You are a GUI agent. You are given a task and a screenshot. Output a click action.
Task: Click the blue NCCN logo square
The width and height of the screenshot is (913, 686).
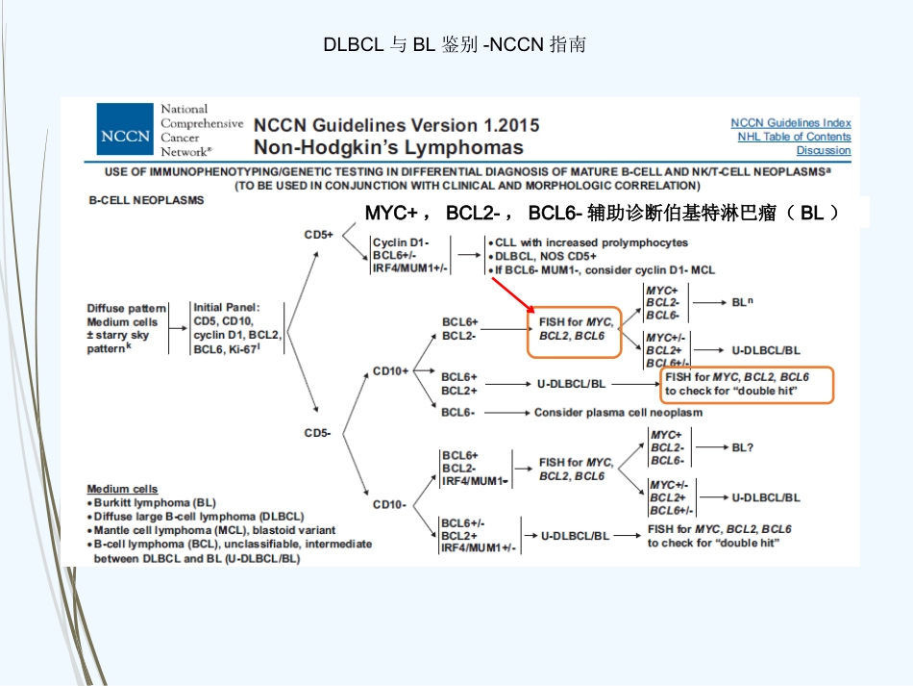pos(125,129)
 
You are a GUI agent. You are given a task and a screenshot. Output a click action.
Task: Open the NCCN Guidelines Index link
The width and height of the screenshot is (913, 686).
pos(791,123)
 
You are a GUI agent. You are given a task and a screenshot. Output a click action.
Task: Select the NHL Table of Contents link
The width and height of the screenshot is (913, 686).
pos(794,137)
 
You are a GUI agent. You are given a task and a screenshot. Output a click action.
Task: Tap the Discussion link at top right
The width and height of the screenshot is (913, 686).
pos(824,150)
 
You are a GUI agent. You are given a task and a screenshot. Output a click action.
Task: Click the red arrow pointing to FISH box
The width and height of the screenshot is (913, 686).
pos(513,295)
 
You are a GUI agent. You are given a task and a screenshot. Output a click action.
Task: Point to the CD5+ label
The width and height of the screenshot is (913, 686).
pos(318,235)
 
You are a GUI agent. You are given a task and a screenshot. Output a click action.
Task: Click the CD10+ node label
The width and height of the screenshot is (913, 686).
pos(391,371)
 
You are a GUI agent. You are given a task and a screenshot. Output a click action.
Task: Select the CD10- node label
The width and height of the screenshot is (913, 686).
pos(389,504)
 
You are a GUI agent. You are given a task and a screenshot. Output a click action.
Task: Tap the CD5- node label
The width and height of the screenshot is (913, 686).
pos(317,432)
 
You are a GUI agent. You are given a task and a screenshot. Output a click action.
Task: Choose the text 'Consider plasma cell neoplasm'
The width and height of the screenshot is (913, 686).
pos(618,413)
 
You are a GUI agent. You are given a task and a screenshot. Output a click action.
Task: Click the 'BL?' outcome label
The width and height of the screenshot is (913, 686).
pos(742,447)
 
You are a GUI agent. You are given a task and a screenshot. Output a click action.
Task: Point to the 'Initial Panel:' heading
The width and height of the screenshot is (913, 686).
pos(227,307)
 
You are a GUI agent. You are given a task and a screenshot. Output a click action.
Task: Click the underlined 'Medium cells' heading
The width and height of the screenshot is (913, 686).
pos(122,489)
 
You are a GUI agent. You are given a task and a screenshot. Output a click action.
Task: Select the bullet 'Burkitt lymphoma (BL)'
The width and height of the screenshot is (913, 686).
pos(155,502)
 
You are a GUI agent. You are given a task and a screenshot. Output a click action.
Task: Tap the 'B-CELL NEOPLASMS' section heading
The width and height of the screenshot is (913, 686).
pos(146,200)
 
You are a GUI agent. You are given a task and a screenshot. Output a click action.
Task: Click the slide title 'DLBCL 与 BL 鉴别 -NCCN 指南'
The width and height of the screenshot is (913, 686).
pos(455,44)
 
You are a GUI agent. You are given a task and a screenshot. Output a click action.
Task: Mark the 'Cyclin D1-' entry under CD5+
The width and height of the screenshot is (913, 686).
pos(401,242)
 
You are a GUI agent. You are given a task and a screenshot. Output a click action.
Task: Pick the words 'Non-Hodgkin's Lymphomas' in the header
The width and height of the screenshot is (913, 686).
pos(388,147)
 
